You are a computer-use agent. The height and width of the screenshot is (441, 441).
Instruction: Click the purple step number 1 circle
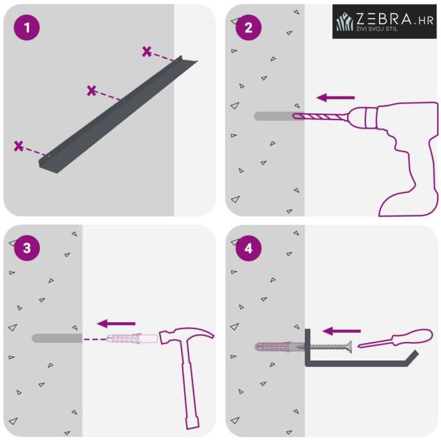point(27,27)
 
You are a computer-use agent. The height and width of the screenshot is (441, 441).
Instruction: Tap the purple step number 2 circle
point(249,27)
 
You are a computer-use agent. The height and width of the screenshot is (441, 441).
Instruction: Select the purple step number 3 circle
point(27,248)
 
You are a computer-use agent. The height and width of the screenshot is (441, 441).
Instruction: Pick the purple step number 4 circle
point(249,248)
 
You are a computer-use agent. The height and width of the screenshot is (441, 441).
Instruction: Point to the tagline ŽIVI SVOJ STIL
point(377,28)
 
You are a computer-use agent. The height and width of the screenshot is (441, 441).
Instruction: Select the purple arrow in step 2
point(336,98)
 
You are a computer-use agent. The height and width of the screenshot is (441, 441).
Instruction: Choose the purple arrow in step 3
point(116,323)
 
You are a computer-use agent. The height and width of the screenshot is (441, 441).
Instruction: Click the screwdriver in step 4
point(395,338)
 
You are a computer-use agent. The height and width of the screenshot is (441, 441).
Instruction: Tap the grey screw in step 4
point(329,347)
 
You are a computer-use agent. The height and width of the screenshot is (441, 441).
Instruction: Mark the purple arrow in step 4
point(341,331)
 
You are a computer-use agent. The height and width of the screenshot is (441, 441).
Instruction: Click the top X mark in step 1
point(146,52)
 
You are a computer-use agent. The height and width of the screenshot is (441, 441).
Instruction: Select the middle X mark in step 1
point(91,91)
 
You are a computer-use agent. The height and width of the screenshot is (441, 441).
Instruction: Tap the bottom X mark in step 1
point(19,146)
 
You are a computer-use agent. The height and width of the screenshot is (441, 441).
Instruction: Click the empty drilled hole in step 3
point(57,338)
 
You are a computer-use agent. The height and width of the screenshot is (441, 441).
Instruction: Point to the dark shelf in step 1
point(118,114)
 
